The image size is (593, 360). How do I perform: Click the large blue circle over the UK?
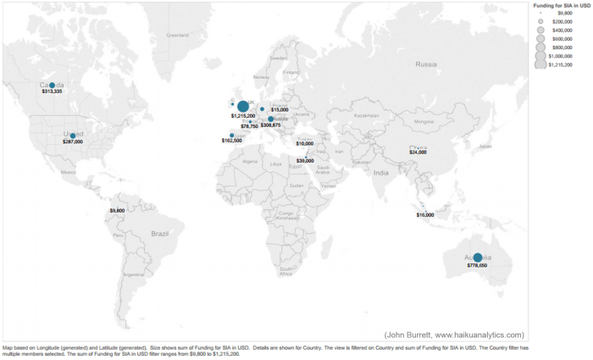(x=243, y=106)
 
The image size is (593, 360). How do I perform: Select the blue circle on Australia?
(x=477, y=258)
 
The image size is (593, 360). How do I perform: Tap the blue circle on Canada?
(x=52, y=86)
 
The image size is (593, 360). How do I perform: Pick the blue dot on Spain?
(x=232, y=135)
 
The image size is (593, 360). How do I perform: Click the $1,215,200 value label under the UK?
(x=244, y=115)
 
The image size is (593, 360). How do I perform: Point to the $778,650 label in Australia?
(x=477, y=266)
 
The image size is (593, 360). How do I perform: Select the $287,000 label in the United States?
(x=73, y=142)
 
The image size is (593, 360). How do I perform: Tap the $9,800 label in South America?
(x=118, y=210)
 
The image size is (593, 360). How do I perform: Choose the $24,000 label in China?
(x=418, y=152)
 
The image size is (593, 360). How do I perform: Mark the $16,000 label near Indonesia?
(x=425, y=215)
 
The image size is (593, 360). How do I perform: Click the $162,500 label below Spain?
(x=231, y=141)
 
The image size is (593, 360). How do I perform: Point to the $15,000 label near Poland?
(x=280, y=110)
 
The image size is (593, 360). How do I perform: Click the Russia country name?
(x=426, y=64)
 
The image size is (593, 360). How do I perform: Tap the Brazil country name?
(x=160, y=233)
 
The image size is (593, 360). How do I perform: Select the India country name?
(x=381, y=174)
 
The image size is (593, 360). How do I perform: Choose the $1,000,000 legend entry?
(x=561, y=56)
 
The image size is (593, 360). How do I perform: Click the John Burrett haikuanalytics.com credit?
(x=454, y=335)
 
